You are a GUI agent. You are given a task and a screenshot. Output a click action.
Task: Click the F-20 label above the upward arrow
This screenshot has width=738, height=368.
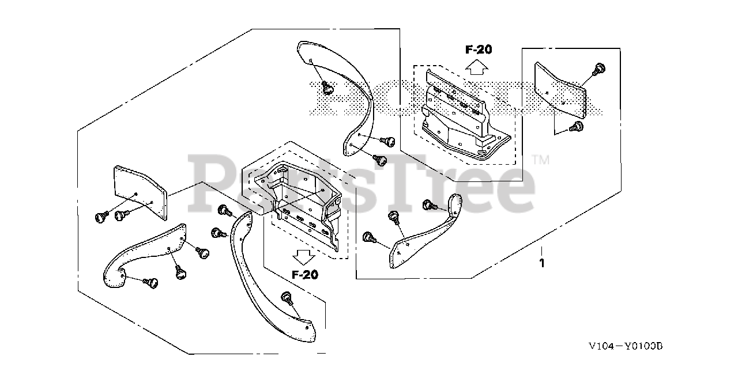point(479,50)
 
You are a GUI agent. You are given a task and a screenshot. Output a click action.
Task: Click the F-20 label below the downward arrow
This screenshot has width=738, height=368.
point(305,275)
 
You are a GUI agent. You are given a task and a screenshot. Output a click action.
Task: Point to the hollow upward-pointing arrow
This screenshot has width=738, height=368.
point(476,67)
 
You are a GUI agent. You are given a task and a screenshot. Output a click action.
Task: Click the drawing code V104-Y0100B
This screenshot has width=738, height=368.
point(626,346)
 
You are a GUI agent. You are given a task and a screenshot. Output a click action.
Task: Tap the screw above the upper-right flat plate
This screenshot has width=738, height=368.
point(599,69)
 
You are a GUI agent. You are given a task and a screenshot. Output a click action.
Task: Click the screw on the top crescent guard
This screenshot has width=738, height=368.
point(327,88)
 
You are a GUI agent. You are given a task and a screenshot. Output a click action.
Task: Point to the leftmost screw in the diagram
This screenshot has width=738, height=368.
point(102,217)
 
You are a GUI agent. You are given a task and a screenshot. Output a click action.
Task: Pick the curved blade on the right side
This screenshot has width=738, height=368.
point(427,227)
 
